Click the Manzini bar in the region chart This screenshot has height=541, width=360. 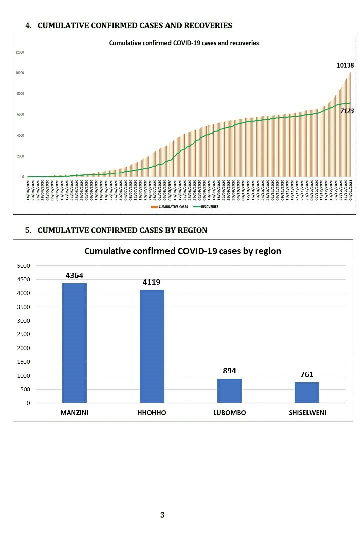(74, 342)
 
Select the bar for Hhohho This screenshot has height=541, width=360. (152, 346)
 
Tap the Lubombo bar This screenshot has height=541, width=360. (229, 390)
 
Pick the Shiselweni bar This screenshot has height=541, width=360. (307, 392)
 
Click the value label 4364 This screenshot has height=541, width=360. (74, 275)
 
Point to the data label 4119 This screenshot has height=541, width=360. (152, 282)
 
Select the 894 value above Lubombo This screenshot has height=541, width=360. (229, 371)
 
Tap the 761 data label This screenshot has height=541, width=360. (307, 374)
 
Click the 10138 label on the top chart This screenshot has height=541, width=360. (345, 65)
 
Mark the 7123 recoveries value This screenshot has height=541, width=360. (347, 111)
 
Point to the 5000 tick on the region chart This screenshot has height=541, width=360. (24, 265)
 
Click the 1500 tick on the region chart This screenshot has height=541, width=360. (24, 362)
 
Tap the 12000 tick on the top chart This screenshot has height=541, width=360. (20, 52)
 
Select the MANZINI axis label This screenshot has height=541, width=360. (74, 412)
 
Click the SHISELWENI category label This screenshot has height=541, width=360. (307, 412)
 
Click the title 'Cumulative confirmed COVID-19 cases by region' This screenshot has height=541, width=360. (182, 251)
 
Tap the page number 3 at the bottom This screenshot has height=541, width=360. (162, 515)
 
